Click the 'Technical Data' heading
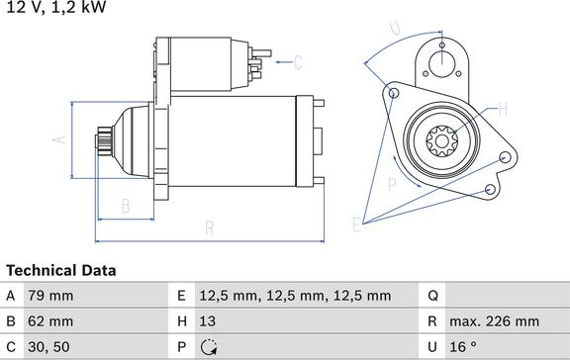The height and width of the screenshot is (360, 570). coord(61,270)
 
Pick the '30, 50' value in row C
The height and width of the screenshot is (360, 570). coord(49,346)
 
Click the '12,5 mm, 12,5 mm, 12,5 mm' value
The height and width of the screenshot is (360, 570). coord(294,295)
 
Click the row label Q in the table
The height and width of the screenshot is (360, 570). coord(432,295)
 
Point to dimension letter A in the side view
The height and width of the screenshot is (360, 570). coord(59,139)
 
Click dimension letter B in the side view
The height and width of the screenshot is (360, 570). coord(126,206)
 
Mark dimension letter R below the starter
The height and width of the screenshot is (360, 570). coord(210,228)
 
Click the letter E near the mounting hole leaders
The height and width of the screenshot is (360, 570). coord(357,225)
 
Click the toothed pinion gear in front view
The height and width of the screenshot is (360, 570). coord(441,139)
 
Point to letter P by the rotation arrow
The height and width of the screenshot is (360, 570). coord(392,183)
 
